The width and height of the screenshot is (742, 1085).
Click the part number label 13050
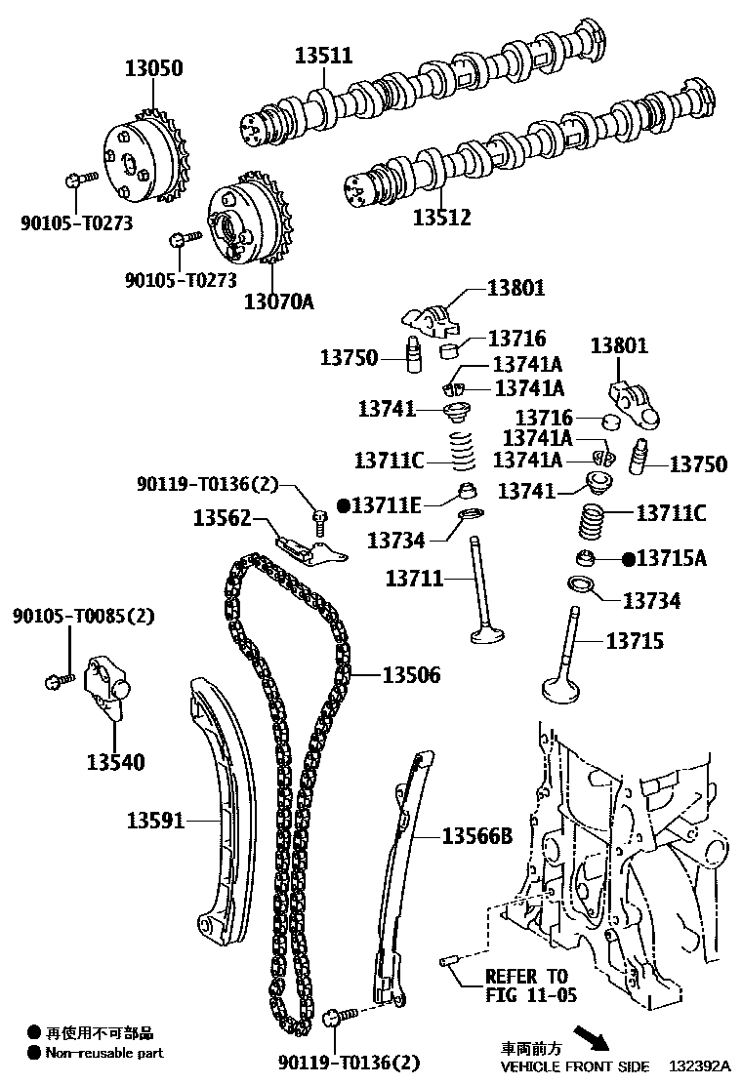click(153, 68)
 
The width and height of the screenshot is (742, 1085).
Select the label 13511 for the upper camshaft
click(324, 56)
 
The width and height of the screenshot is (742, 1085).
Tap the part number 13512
click(441, 218)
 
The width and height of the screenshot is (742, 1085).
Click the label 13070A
click(278, 301)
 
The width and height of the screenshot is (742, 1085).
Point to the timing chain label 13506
click(411, 674)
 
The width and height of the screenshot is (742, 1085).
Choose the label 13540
click(115, 762)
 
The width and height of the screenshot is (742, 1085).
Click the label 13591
click(156, 821)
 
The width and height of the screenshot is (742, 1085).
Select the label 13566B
click(476, 836)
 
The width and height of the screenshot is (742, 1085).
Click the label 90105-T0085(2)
click(84, 615)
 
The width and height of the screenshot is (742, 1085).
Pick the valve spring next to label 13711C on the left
click(463, 451)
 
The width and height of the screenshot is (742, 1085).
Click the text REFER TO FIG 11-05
click(531, 985)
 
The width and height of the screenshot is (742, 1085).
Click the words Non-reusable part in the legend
click(104, 1053)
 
